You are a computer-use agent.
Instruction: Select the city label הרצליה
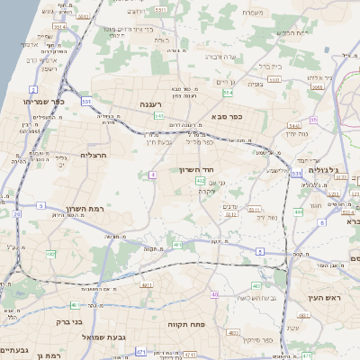[x=94, y=155]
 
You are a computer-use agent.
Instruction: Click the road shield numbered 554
[x=229, y=93]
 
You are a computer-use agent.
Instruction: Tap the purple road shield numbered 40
[x=214, y=294]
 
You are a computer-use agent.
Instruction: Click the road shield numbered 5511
[x=229, y=215]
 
